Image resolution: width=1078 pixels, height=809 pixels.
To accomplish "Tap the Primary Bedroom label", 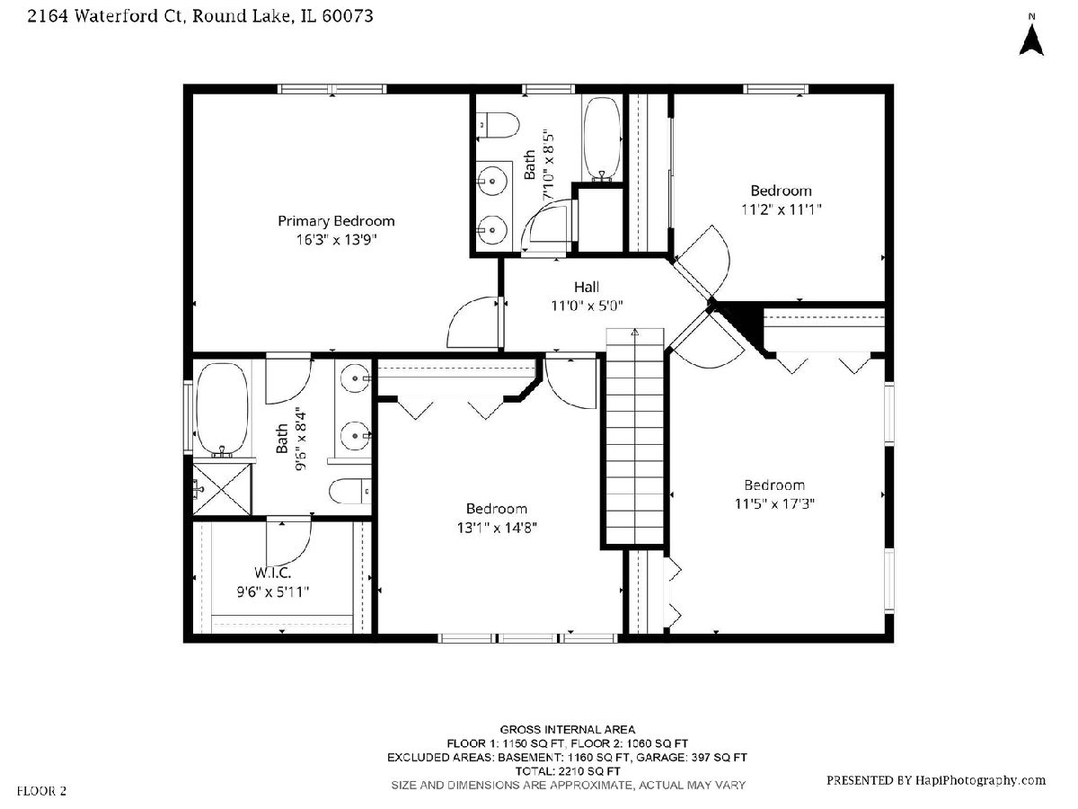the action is (336, 221).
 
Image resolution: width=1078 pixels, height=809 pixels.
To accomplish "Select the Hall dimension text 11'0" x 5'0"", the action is (587, 306).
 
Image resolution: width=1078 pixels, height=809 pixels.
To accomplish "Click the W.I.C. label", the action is (272, 573).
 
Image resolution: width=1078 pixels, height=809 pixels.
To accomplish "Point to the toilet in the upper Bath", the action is (497, 125).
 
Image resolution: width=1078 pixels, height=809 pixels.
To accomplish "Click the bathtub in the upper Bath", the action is (602, 139).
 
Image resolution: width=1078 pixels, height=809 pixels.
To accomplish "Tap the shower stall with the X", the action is (222, 490).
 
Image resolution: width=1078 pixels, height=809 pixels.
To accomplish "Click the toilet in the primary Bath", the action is (349, 491).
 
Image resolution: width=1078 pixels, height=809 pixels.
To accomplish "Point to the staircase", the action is (635, 436).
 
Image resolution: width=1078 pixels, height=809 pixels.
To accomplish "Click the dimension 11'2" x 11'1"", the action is (781, 209).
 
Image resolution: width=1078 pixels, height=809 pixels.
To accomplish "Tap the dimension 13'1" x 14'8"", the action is (497, 528).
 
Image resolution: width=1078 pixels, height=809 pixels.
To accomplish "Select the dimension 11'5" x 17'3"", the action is (774, 504).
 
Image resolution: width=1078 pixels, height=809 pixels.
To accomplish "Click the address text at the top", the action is (200, 16).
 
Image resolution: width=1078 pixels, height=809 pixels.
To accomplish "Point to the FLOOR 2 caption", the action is (41, 791).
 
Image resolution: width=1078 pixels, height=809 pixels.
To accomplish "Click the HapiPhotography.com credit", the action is (935, 780).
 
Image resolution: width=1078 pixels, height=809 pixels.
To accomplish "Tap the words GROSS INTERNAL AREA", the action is (567, 730).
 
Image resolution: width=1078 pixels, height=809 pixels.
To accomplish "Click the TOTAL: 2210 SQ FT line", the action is (567, 771).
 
